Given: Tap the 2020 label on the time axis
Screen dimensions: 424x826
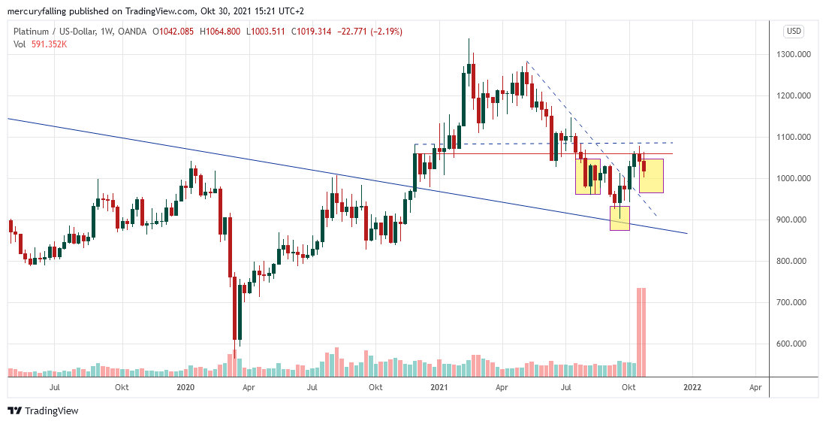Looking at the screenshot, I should coord(185,387).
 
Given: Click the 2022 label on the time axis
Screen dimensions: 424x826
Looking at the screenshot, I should coord(692,387).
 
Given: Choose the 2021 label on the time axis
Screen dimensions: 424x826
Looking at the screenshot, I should coord(439,387).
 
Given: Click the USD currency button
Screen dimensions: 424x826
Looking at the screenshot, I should coord(794,32).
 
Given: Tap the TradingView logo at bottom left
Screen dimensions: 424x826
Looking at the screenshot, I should coord(43,411).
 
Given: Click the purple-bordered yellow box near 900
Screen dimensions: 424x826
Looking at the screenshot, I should coord(619,218).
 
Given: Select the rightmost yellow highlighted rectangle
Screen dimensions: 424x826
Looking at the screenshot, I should coord(651,175).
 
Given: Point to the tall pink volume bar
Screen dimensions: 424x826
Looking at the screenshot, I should coord(641,331).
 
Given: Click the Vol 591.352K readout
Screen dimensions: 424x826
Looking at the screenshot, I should coord(41,44).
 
